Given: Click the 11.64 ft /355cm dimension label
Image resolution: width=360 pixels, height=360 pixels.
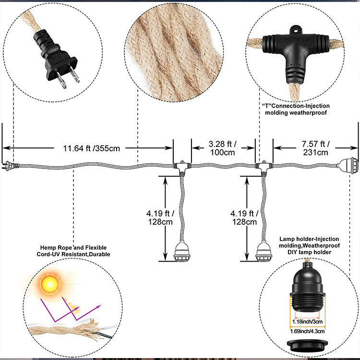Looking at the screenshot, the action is (91, 148).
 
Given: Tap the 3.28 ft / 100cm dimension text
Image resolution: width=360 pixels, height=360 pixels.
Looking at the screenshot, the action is (222, 148).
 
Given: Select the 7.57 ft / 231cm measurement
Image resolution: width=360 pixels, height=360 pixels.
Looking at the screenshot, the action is (315, 148).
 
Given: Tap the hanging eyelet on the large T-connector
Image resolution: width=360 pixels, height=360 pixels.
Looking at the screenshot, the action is (295, 30).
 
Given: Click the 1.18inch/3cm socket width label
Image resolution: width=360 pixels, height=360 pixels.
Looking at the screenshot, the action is (307, 322).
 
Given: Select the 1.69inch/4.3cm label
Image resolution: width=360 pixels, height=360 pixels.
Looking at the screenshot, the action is (307, 331).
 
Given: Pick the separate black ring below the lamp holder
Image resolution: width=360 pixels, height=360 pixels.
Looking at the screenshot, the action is (307, 344).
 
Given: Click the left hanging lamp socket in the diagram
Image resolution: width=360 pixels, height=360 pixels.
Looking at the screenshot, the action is (182, 251).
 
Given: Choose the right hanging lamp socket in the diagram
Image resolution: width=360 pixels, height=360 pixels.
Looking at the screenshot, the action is (264, 251).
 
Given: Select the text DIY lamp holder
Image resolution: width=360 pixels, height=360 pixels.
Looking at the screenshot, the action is (309, 252).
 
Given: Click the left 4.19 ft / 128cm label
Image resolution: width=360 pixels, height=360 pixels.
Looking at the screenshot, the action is (160, 217).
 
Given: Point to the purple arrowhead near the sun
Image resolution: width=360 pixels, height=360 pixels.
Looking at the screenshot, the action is (99, 307).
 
